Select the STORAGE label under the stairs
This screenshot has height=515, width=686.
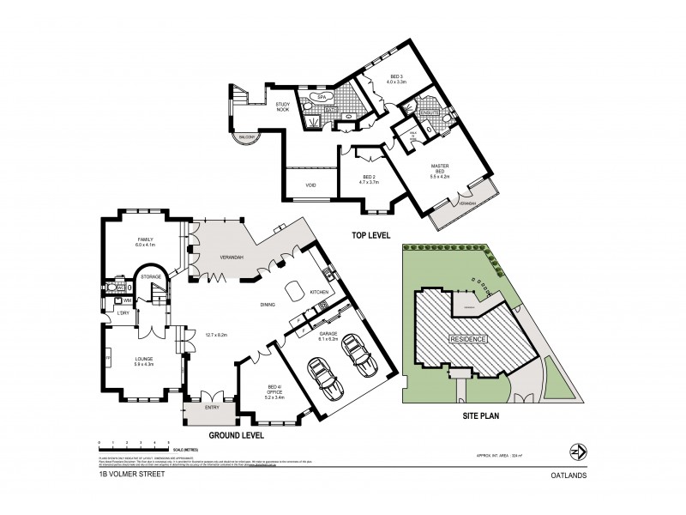click(152, 277)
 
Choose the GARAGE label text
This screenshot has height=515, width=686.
click(330, 335)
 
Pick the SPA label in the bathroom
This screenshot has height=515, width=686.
click(322, 99)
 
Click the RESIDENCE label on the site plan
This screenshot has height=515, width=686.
click(468, 340)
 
